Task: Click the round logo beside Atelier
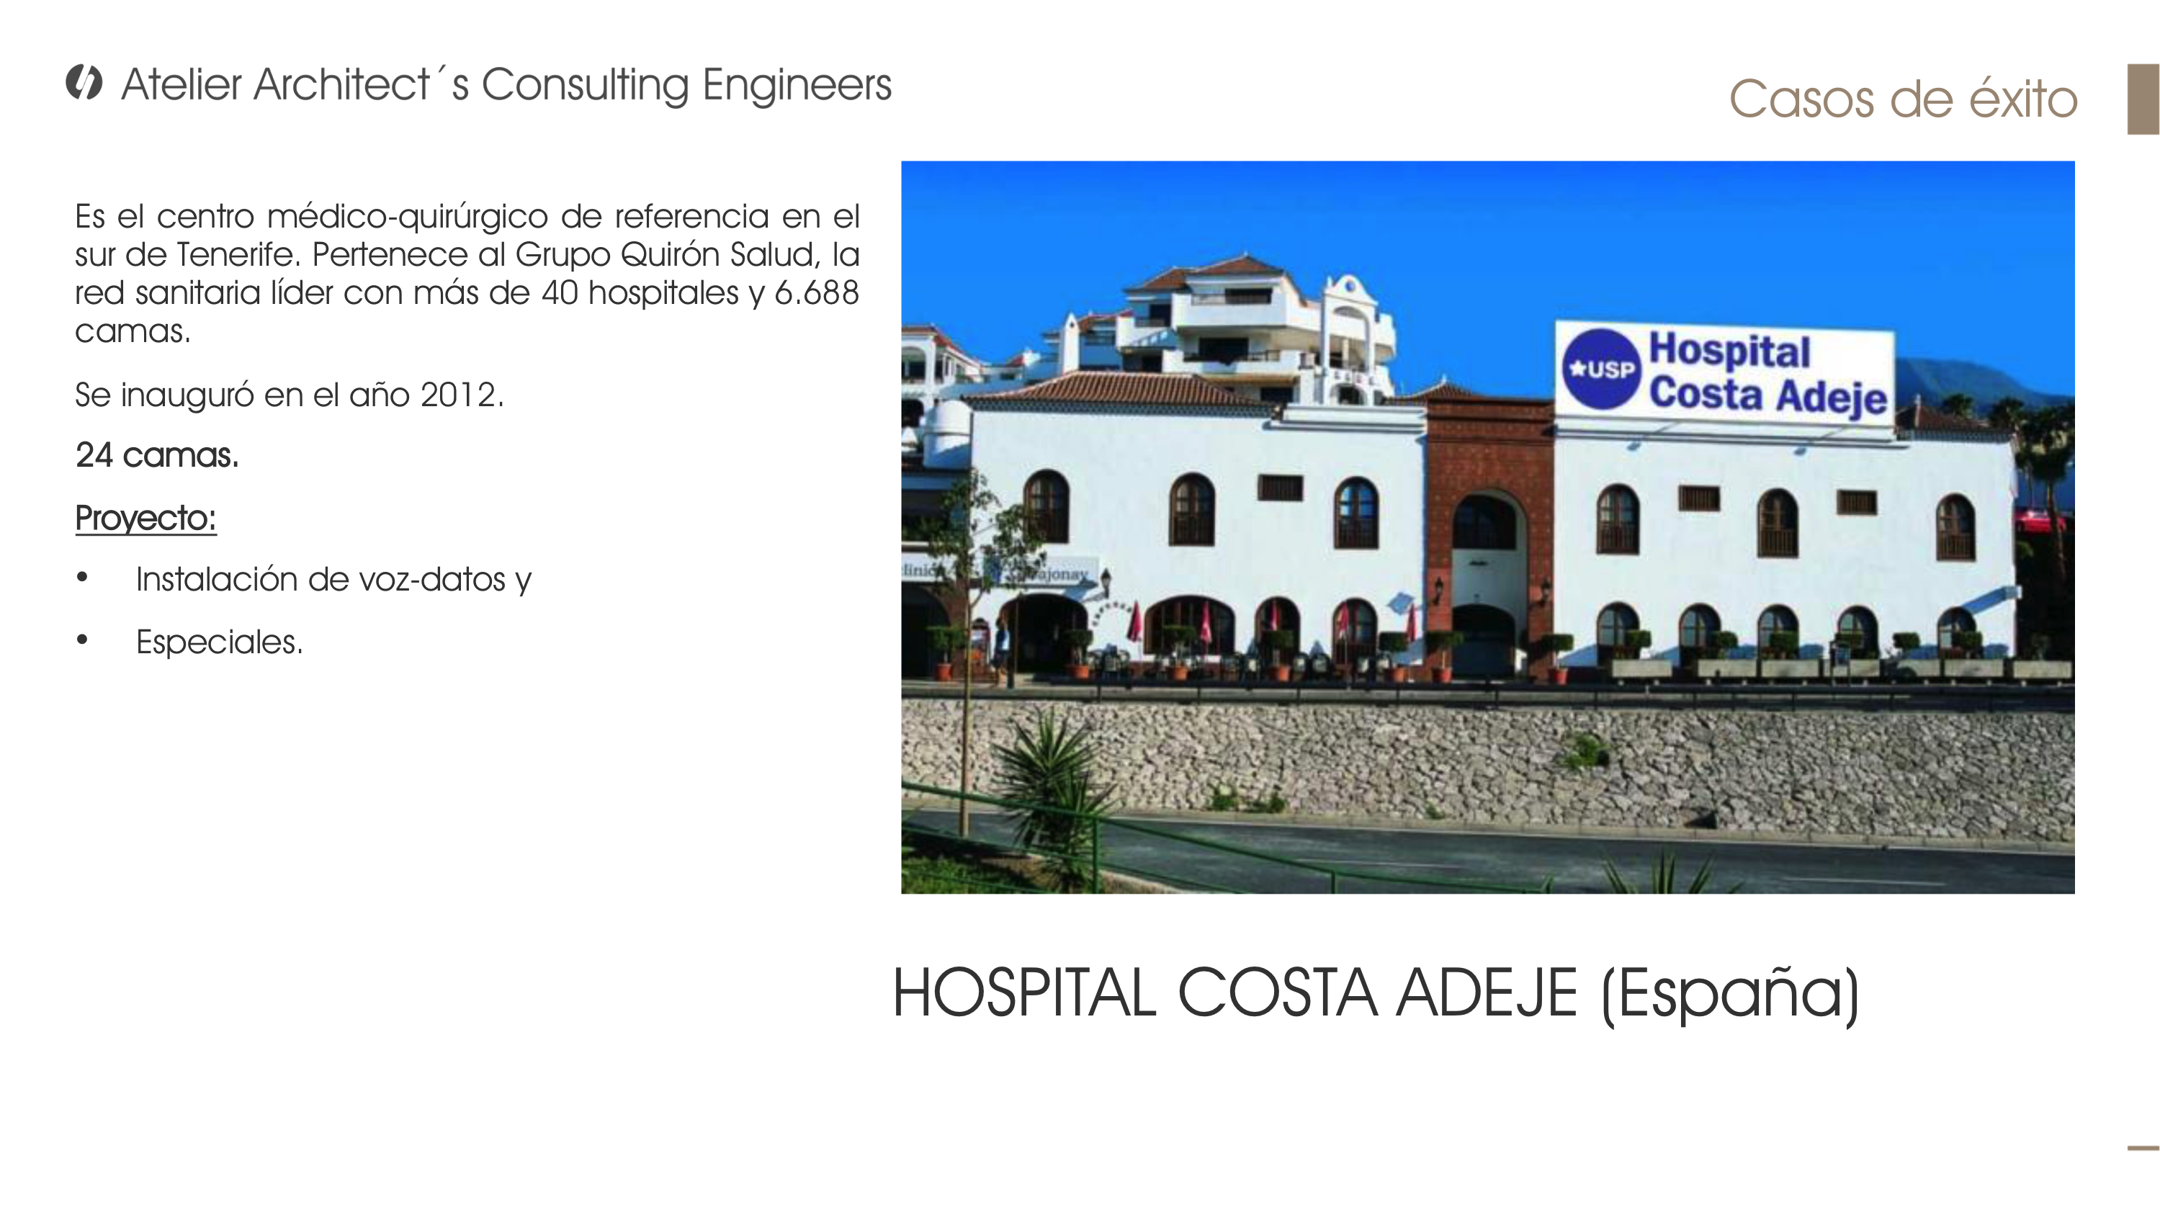point(84,82)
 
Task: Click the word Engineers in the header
point(797,86)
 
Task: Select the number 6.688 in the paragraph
point(817,292)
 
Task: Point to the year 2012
point(460,395)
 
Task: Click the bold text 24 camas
point(157,455)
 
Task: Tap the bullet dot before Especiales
point(81,640)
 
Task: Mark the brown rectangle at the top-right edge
point(2143,99)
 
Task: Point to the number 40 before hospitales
point(560,292)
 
